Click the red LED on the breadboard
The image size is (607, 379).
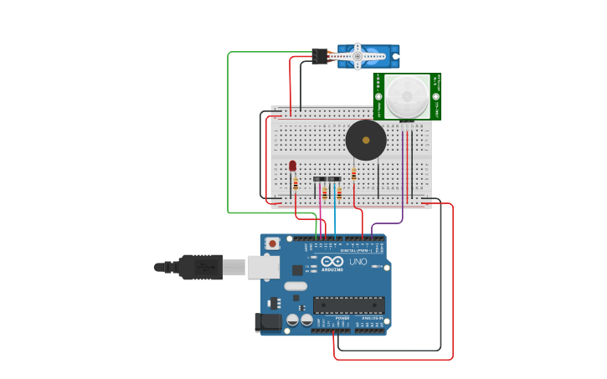click(x=292, y=166)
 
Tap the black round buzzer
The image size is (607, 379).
click(x=366, y=140)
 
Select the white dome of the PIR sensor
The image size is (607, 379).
click(x=407, y=96)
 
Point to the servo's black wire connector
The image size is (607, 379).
click(x=320, y=56)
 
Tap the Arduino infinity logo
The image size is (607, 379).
click(x=332, y=262)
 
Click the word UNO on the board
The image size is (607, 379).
click(x=358, y=262)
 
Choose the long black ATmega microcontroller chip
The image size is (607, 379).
click(x=349, y=305)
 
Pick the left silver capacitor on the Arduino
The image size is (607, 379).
click(x=293, y=320)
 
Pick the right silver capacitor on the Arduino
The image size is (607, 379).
click(x=306, y=320)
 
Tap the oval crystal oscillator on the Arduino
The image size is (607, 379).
click(x=296, y=286)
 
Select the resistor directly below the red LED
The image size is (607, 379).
click(x=296, y=184)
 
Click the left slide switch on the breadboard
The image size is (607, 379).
click(x=320, y=179)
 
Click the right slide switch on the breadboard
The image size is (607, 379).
click(x=334, y=179)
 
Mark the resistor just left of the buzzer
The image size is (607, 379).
click(x=353, y=175)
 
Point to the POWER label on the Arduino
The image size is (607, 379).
click(x=342, y=319)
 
